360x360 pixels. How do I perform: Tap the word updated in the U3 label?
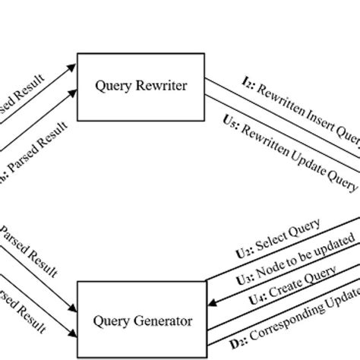coord(335,243)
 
